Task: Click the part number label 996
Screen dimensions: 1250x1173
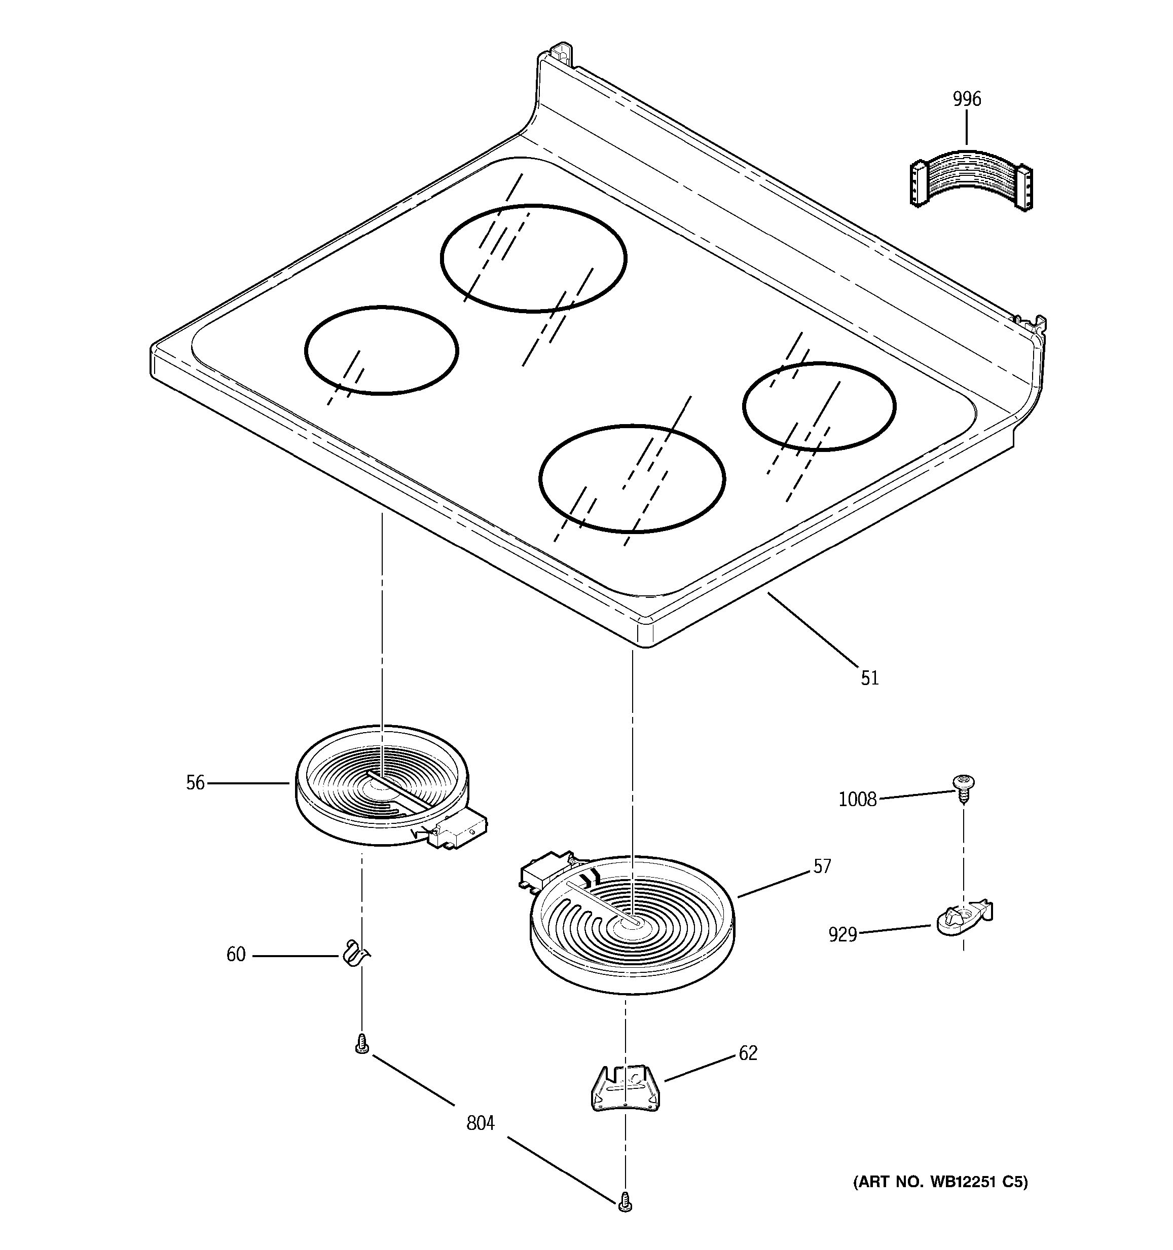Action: [967, 99]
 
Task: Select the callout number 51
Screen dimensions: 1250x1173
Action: [870, 678]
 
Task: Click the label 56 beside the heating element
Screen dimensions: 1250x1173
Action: [196, 783]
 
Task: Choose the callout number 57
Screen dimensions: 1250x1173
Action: [822, 866]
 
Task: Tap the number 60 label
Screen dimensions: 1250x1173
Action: [236, 955]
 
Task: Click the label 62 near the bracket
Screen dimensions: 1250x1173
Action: [748, 1052]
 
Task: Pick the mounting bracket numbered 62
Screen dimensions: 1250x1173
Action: [625, 1087]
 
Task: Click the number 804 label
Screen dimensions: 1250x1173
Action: [481, 1123]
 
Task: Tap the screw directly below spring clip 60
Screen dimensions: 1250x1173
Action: [361, 1044]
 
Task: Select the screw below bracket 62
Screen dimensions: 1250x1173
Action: [625, 1201]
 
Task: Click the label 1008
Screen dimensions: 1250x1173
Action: [857, 799]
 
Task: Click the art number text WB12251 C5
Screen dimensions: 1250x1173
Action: [940, 1182]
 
